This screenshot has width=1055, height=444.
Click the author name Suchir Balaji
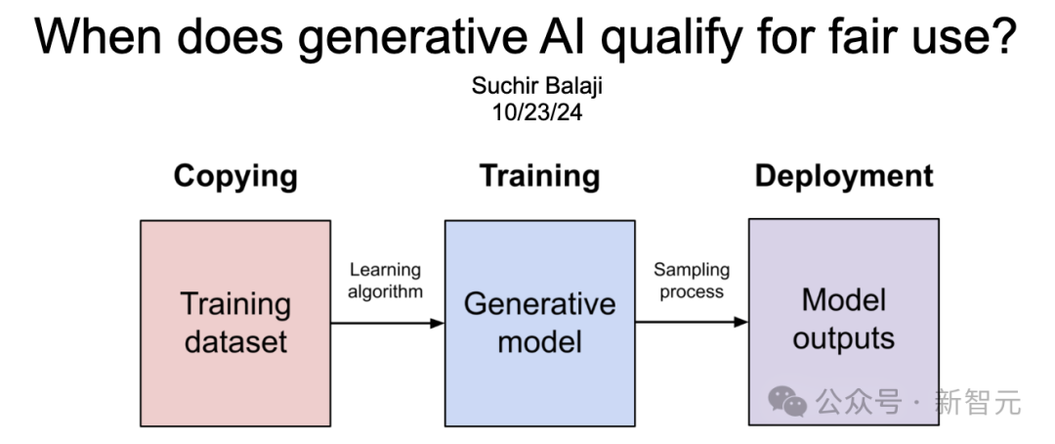pyautogui.click(x=536, y=86)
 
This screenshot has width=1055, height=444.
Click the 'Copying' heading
pyautogui.click(x=235, y=176)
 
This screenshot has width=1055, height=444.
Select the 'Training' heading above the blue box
pyautogui.click(x=539, y=176)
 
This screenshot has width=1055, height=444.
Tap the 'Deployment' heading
pyautogui.click(x=844, y=176)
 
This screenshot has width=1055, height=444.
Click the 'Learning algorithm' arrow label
pyautogui.click(x=385, y=280)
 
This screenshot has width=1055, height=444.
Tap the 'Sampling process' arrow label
pyautogui.click(x=691, y=280)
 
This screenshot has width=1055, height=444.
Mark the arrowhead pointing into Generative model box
pyautogui.click(x=438, y=323)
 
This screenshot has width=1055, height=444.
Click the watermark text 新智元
pyautogui.click(x=977, y=401)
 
